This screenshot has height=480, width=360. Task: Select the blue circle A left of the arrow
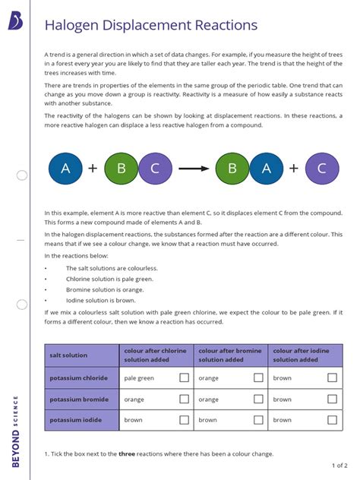click(x=66, y=169)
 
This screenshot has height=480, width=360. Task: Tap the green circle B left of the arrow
click(x=121, y=169)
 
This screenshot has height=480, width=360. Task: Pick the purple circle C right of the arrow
click(x=321, y=169)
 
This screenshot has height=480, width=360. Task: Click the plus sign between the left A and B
click(x=93, y=169)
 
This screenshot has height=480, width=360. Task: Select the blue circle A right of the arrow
click(x=266, y=169)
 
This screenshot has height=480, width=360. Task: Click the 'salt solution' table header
click(x=68, y=355)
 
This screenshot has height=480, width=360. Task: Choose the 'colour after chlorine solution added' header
click(x=155, y=355)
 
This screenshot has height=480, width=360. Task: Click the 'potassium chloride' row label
click(x=78, y=377)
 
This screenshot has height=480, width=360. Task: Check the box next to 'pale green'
click(x=184, y=377)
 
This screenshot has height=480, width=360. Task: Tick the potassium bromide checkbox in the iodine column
click(x=332, y=399)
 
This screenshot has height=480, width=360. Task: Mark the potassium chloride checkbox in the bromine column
click(x=258, y=377)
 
